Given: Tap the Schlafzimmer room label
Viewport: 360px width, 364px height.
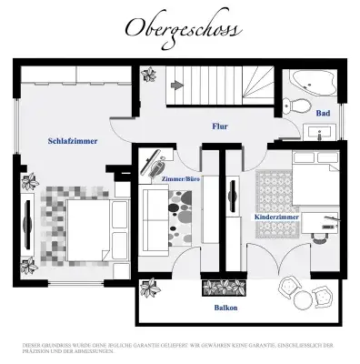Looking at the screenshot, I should tap(73, 141).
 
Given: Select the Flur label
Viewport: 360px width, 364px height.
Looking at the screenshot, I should tap(219, 127).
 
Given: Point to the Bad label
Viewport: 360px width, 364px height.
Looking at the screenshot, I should tap(322, 114).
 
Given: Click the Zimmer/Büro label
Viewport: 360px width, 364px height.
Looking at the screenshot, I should tap(180, 179).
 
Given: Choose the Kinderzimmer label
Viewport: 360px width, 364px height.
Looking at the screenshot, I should tap(275, 218).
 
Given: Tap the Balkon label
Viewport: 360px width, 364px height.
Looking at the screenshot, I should tap(225, 308).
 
